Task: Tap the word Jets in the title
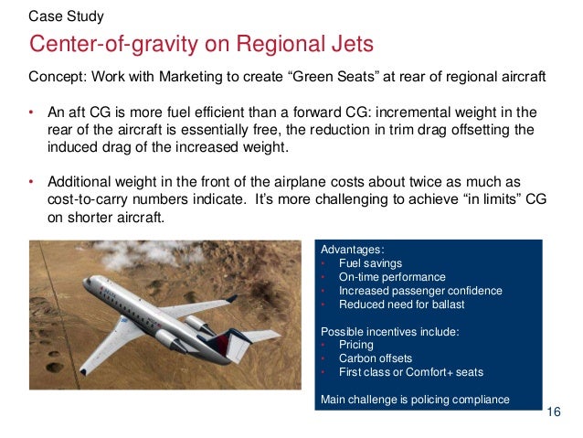pos(345,45)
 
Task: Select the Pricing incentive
pos(355,345)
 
